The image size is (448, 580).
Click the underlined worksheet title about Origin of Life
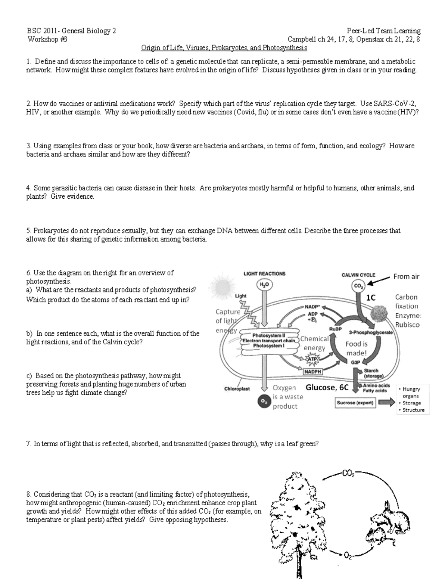point(224,48)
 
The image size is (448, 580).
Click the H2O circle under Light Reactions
point(264,285)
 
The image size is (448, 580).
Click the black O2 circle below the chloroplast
point(264,401)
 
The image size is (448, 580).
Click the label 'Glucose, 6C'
point(327,387)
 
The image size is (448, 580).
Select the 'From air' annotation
point(406,277)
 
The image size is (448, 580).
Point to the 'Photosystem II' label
point(268,335)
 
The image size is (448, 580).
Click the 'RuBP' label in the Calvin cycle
point(333,329)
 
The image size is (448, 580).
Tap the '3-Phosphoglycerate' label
point(370,332)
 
